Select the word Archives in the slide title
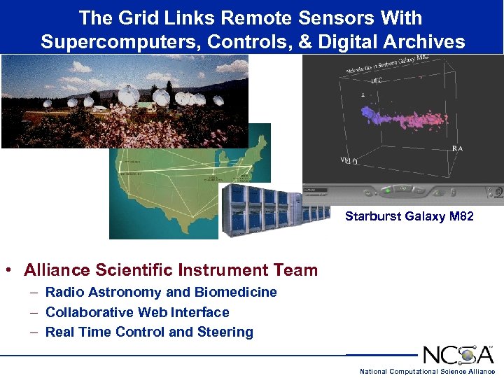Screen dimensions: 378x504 (x=426, y=42)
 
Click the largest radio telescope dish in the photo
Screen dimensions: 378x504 (x=128, y=94)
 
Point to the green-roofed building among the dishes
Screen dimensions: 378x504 (x=146, y=106)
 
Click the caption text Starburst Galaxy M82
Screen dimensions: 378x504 (x=409, y=216)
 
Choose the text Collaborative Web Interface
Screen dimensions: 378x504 (x=137, y=312)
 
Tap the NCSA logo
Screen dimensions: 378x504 (x=458, y=355)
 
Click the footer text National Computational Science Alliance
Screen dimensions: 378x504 (x=427, y=371)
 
